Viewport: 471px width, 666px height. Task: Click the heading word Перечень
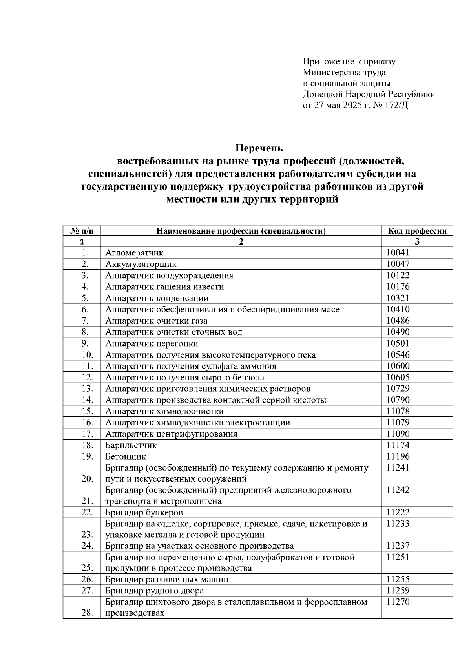(259, 149)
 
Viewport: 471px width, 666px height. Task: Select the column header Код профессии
(417, 231)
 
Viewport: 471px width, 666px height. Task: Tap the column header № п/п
(82, 231)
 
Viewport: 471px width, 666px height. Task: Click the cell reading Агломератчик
(134, 253)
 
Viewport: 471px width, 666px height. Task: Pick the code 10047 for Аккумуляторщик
(398, 264)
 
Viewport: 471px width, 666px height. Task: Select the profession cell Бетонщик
(126, 456)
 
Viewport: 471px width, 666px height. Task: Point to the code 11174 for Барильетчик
(398, 445)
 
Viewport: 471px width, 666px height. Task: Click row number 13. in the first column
(87, 389)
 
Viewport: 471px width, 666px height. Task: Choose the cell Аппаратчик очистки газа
(156, 321)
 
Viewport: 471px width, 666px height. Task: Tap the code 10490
(398, 332)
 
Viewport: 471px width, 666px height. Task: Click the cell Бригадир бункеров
(144, 513)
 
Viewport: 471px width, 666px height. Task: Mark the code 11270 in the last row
(398, 602)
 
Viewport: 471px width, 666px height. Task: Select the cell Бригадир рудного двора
(155, 591)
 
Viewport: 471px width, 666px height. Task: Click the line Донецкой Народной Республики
(369, 94)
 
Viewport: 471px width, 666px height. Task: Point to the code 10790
(398, 400)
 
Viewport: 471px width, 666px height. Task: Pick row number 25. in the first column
(87, 568)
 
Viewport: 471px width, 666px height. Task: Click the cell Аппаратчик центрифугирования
(171, 434)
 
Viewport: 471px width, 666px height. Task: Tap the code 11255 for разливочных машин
(398, 579)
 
